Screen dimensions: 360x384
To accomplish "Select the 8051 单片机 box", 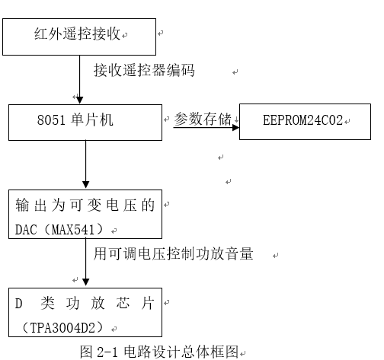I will pos(85,121).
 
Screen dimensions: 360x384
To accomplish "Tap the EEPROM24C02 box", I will pos(303,122).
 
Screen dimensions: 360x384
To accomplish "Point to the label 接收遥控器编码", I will pos(144,72).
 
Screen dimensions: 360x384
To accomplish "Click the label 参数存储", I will pos(203,119).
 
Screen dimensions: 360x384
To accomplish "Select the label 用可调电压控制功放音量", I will pos(173,253).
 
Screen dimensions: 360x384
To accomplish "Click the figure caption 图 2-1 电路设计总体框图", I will pos(159,352).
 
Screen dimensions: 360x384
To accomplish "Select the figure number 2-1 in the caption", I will pos(108,352).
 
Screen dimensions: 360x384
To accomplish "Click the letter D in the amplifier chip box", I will pos(20,304).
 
